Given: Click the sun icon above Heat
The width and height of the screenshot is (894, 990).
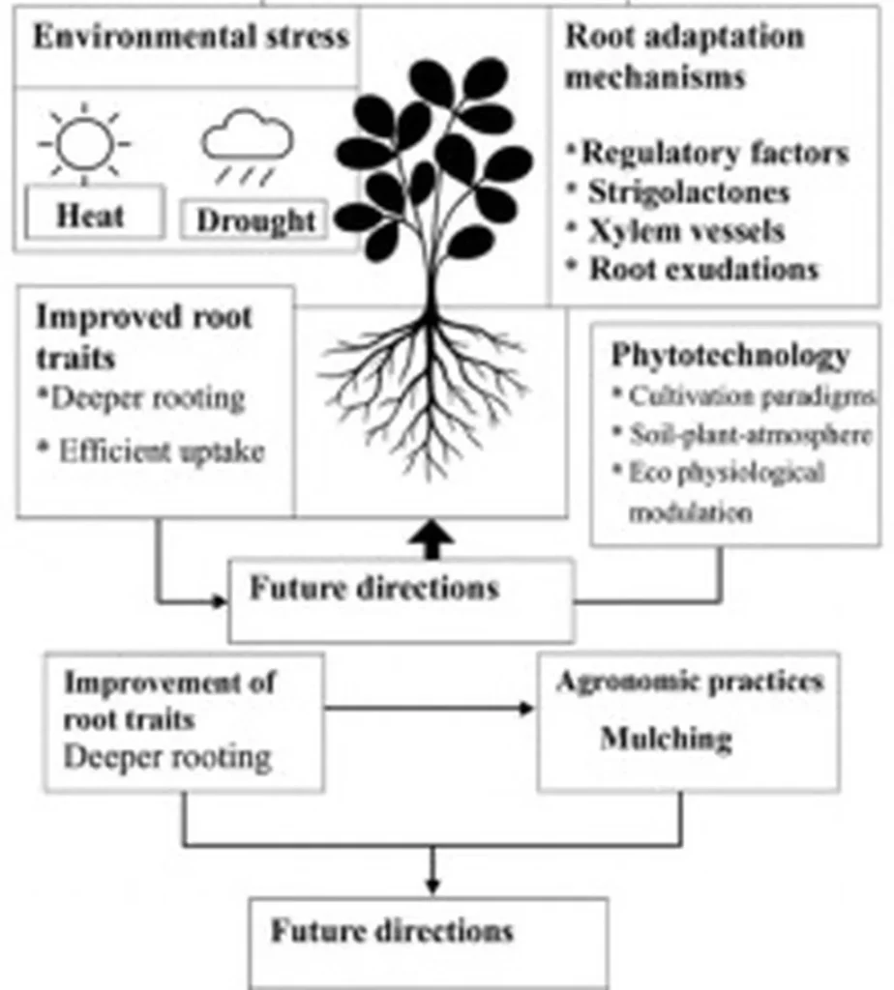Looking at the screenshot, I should [85, 143].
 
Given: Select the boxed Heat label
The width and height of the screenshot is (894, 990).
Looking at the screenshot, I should [91, 214].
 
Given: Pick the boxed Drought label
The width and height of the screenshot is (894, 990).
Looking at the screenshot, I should [255, 220].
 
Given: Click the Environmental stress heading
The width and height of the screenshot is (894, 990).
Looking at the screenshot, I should [191, 38].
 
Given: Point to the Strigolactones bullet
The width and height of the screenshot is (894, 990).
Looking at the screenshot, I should [687, 191].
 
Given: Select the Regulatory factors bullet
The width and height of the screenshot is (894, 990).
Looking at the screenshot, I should [713, 153].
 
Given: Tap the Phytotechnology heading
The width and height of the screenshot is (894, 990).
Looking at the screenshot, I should [730, 355].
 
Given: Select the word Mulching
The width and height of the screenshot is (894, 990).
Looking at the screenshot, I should [666, 740].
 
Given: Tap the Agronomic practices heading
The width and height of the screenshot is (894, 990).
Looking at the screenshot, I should [690, 681].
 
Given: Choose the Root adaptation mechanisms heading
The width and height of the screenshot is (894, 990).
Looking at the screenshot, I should [684, 57].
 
